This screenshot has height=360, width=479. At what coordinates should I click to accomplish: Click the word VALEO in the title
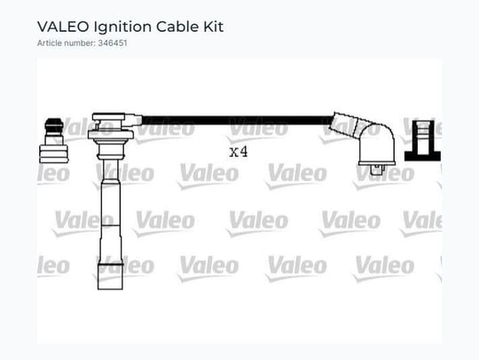(63, 27)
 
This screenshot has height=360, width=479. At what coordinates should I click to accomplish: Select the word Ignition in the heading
(122, 27)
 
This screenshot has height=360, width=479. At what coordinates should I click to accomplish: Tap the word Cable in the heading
(177, 27)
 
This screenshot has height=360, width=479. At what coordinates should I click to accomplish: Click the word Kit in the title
(214, 27)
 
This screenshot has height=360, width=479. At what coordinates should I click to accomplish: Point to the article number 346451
(113, 43)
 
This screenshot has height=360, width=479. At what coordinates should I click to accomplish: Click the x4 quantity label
(239, 152)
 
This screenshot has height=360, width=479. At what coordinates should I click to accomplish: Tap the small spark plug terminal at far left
(54, 140)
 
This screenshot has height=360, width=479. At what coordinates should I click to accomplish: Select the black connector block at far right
(423, 140)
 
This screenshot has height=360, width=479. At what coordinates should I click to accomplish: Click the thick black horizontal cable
(238, 120)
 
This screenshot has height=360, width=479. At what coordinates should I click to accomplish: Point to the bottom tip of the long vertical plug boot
(110, 289)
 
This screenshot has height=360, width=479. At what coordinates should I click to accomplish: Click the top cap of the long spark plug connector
(109, 117)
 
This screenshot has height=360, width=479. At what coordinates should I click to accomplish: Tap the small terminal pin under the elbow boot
(377, 170)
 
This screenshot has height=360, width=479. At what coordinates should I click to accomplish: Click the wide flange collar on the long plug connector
(111, 135)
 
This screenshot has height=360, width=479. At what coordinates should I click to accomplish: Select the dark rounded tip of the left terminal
(54, 123)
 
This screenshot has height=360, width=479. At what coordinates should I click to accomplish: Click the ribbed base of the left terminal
(54, 154)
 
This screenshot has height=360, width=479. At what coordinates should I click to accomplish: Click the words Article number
(66, 43)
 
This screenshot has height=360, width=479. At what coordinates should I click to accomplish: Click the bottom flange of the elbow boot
(377, 163)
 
